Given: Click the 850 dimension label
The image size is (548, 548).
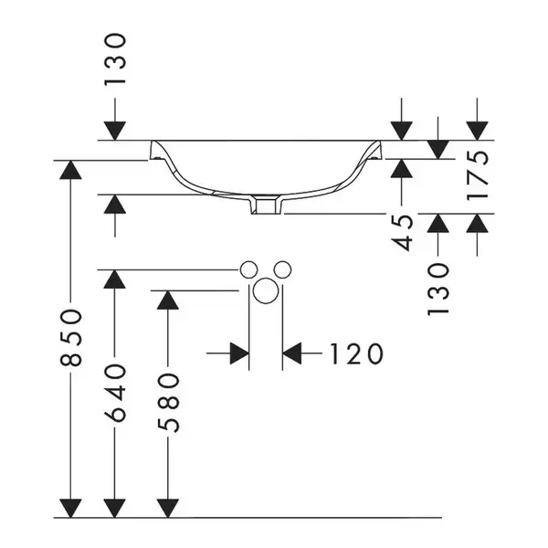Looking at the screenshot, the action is pyautogui.click(x=71, y=337).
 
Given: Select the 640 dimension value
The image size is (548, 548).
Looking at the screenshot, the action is pyautogui.click(x=115, y=393).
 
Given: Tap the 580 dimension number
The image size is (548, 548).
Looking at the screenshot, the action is pyautogui.click(x=168, y=403).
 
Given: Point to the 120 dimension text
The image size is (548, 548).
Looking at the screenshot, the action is pyautogui.click(x=356, y=354).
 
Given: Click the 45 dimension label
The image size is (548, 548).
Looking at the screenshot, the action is pyautogui.click(x=402, y=232).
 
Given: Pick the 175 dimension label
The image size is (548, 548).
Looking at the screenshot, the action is pyautogui.click(x=477, y=175).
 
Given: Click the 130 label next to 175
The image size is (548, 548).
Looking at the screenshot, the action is pyautogui.click(x=438, y=290).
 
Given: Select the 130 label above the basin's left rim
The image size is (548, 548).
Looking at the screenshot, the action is pyautogui.click(x=115, y=58).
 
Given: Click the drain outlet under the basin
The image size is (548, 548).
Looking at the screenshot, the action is pyautogui.click(x=266, y=205).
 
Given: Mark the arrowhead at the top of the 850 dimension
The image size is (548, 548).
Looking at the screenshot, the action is pyautogui.click(x=70, y=170).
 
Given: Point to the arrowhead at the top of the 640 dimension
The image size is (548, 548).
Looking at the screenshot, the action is pyautogui.click(x=115, y=279).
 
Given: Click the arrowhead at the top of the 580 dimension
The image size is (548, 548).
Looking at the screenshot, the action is pyautogui.click(x=168, y=300).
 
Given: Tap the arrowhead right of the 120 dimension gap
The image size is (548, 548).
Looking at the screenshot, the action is pyautogui.click(x=292, y=353).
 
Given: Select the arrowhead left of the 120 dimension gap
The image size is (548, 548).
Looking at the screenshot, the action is pyautogui.click(x=239, y=353).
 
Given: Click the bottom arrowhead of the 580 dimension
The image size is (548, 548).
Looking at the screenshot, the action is pyautogui.click(x=168, y=508).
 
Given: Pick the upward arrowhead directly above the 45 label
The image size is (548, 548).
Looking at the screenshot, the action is pyautogui.click(x=402, y=168).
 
